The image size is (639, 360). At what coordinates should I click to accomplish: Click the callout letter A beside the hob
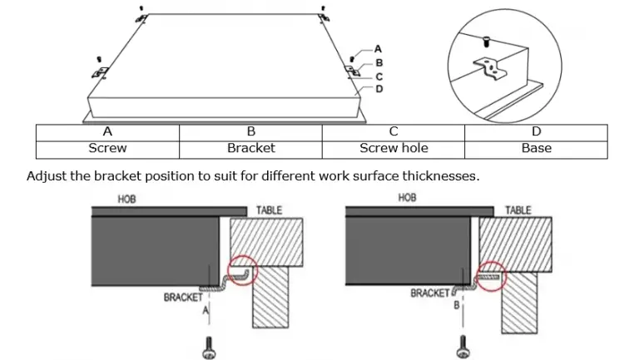pyautogui.click(x=378, y=49)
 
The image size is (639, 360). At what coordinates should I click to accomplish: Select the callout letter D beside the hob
pyautogui.click(x=379, y=89)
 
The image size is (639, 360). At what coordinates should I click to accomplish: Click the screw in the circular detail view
pyautogui.click(x=486, y=41)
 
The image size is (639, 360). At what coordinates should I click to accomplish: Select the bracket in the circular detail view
pyautogui.click(x=490, y=68)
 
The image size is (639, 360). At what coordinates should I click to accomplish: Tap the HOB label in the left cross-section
pyautogui.click(x=126, y=200)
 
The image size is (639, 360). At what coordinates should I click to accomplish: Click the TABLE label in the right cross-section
pyautogui.click(x=518, y=210)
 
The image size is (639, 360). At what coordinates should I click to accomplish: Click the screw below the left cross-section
pyautogui.click(x=209, y=348)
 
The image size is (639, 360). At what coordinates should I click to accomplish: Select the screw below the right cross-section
pyautogui.click(x=463, y=347)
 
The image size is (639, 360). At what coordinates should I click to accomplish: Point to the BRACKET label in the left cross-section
pyautogui.click(x=183, y=298)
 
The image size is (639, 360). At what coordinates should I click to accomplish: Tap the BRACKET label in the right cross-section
pyautogui.click(x=430, y=293)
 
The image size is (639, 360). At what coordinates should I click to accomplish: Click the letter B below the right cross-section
pyautogui.click(x=457, y=305)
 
